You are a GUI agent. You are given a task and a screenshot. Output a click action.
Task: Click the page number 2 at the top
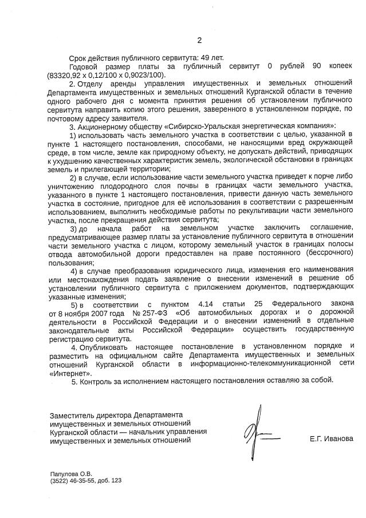(199, 40)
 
